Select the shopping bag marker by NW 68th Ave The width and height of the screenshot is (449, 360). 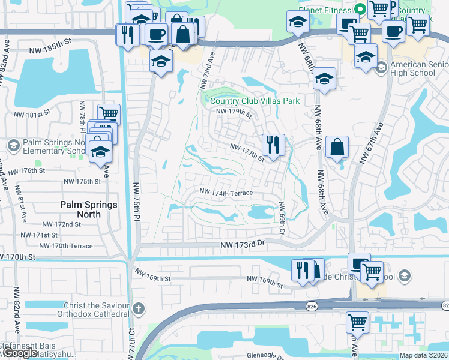pyautogui.click(x=337, y=147)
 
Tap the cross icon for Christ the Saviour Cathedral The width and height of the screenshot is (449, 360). pyautogui.click(x=139, y=309)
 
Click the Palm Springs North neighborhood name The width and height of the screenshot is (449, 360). pyautogui.click(x=89, y=210)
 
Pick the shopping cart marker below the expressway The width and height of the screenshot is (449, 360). pyautogui.click(x=357, y=322)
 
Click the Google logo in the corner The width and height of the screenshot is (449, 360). pyautogui.click(x=19, y=353)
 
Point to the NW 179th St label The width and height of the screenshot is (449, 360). pyautogui.click(x=234, y=112)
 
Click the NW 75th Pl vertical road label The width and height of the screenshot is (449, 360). pyautogui.click(x=136, y=204)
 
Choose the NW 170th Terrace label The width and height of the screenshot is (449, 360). pyautogui.click(x=65, y=245)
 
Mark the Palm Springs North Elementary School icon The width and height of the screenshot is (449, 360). pyautogui.click(x=13, y=145)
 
